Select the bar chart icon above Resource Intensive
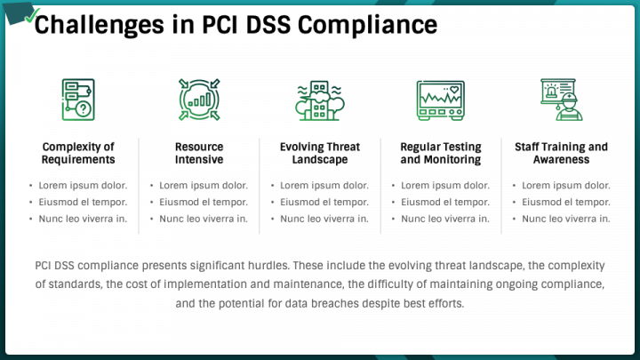pyautogui.click(x=199, y=98)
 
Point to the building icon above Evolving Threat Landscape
pyautogui.click(x=319, y=98)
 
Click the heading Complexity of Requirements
pyautogui.click(x=78, y=153)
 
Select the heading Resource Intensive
pyautogui.click(x=199, y=153)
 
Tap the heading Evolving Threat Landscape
pyautogui.click(x=319, y=153)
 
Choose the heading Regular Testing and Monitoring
pyautogui.click(x=440, y=153)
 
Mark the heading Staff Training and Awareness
pyautogui.click(x=561, y=153)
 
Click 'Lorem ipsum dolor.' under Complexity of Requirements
pyautogui.click(x=83, y=186)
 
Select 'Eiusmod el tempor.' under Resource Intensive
pyautogui.click(x=204, y=202)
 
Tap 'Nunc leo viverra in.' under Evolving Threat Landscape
pyautogui.click(x=324, y=219)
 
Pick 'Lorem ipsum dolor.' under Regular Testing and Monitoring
pyautogui.click(x=445, y=186)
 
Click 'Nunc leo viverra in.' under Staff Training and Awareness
pyautogui.click(x=566, y=219)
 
